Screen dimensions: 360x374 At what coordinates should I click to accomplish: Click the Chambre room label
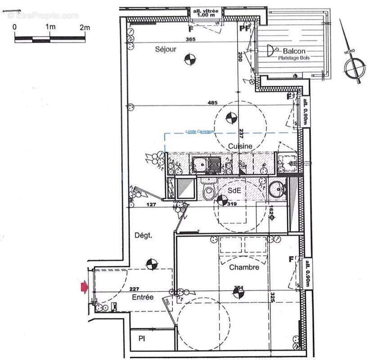point(244,267)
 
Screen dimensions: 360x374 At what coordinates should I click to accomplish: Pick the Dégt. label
point(143,235)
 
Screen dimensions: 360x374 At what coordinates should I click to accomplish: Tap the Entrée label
point(143,297)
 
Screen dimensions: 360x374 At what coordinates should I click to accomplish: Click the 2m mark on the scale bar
point(85,27)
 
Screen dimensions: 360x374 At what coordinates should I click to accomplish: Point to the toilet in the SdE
point(209,191)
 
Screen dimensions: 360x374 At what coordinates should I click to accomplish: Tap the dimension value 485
point(213,103)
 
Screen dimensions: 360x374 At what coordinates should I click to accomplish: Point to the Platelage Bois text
point(295,58)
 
